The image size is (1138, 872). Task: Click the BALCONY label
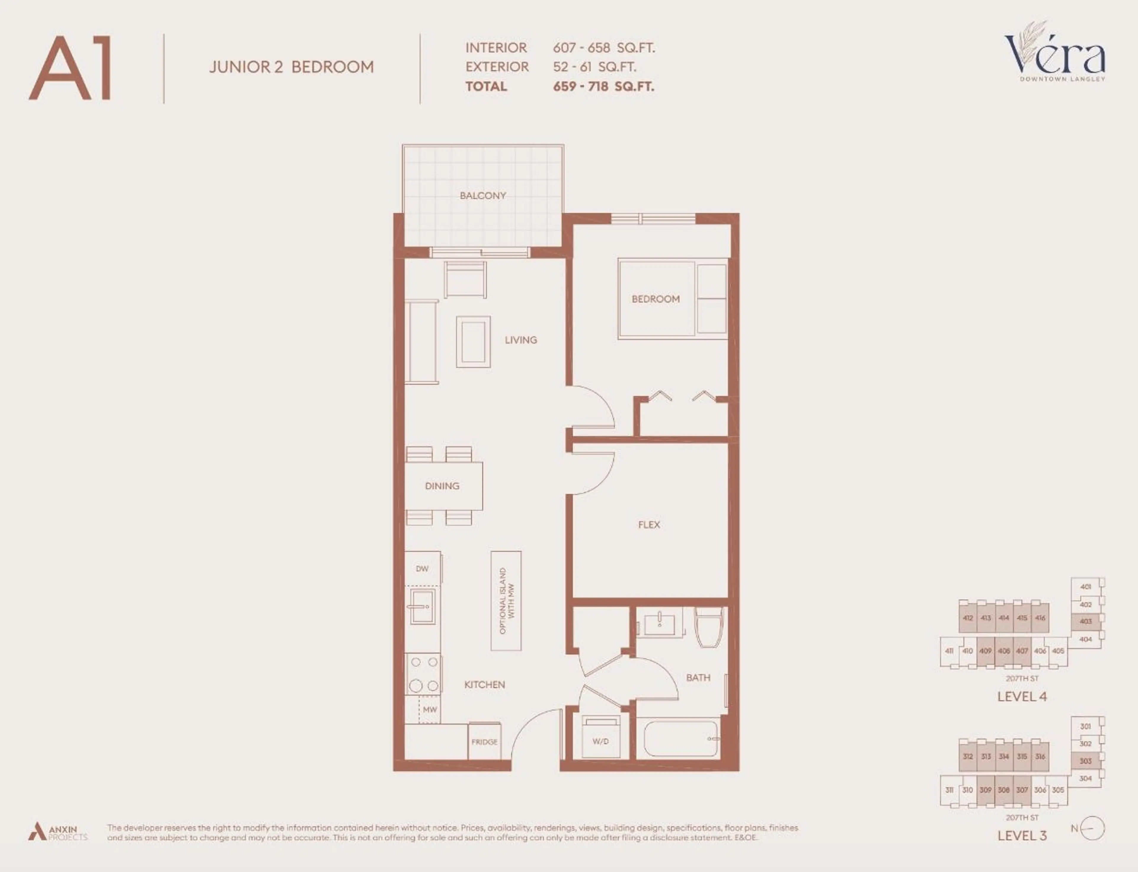pyautogui.click(x=482, y=196)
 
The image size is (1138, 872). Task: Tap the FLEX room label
pyautogui.click(x=649, y=525)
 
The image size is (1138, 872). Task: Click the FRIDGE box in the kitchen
pyautogui.click(x=484, y=742)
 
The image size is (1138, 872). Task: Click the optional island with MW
pyautogui.click(x=506, y=600)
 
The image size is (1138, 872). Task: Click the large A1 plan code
pyautogui.click(x=70, y=68)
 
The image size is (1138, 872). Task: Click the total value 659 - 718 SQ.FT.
pyautogui.click(x=603, y=87)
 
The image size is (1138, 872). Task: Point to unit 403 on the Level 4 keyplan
pyautogui.click(x=1085, y=621)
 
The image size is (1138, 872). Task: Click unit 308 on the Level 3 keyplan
pyautogui.click(x=1003, y=790)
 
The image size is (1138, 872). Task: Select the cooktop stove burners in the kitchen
pyautogui.click(x=423, y=674)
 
